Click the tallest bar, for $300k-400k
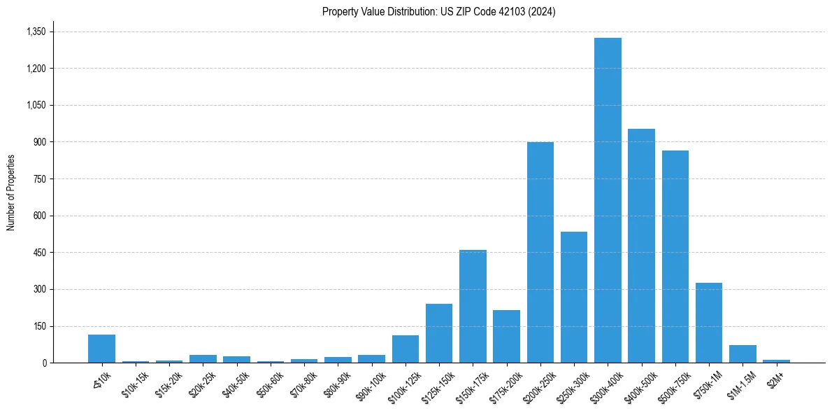[608, 200]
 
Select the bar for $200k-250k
[540, 252]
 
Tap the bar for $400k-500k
[641, 246]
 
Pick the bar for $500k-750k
[675, 256]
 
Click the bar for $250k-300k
[574, 297]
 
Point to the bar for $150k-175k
[473, 306]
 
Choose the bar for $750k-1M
[708, 323]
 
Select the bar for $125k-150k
[439, 333]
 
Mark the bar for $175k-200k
[506, 336]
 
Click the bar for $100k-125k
[406, 349]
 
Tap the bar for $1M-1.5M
[743, 353]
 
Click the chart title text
[438, 12]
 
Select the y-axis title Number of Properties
[11, 192]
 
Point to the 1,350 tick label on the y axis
[36, 31]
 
